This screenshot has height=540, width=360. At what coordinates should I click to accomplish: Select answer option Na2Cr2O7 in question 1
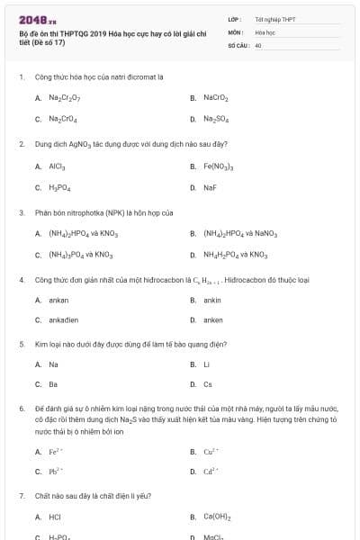pos(65,97)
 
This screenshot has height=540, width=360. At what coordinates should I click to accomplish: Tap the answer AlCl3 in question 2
pos(57,166)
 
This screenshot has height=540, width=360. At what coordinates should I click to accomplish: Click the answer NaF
pos(210,188)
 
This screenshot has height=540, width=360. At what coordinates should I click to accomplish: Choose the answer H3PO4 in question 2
pos(59,188)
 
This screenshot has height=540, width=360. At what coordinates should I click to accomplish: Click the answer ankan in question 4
pos(58,300)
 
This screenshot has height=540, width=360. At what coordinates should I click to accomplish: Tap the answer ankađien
pos(63,320)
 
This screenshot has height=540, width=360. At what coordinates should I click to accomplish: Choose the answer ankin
pos(212,300)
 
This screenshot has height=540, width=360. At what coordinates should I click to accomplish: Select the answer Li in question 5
pos(206,364)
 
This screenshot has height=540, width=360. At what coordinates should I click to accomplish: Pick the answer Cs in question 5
pos(208,385)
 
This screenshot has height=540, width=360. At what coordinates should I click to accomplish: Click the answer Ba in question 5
pos(53,385)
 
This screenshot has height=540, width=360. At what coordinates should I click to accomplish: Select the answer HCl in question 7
pos(55,517)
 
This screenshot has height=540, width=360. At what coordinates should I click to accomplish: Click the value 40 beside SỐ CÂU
pos(258,45)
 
